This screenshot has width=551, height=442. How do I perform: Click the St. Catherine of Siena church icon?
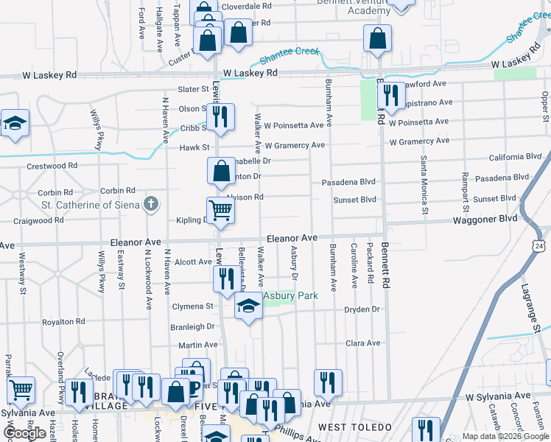click(x=151, y=203)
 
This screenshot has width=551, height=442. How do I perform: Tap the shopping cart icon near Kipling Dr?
click(x=221, y=211)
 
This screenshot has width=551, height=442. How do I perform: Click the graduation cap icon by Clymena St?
click(x=249, y=306)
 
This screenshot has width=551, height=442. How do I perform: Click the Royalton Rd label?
click(x=63, y=322)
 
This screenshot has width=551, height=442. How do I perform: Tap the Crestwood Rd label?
click(x=52, y=166)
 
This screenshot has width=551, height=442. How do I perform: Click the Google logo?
click(x=24, y=433)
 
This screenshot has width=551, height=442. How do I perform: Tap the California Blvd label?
click(x=516, y=158)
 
